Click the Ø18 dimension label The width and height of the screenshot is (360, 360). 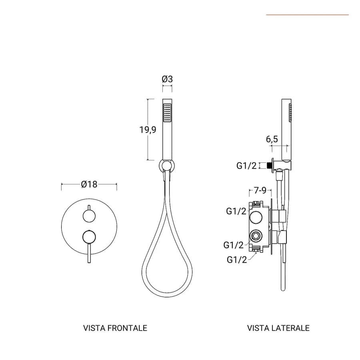pos(89,184)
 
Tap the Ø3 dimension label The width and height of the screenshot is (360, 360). pos(167,79)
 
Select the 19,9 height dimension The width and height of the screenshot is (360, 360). pos(148,130)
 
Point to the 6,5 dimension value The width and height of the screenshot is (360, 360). pos(272,139)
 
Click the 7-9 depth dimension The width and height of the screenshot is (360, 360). pos(260,190)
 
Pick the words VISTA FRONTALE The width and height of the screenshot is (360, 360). pos(115,328)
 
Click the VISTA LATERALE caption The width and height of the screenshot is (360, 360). pos(278,328)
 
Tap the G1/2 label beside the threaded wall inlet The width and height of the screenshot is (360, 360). pos(246,166)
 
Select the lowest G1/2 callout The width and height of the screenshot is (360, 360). pos(237,260)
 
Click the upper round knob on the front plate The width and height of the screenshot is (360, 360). pos(89,216)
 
